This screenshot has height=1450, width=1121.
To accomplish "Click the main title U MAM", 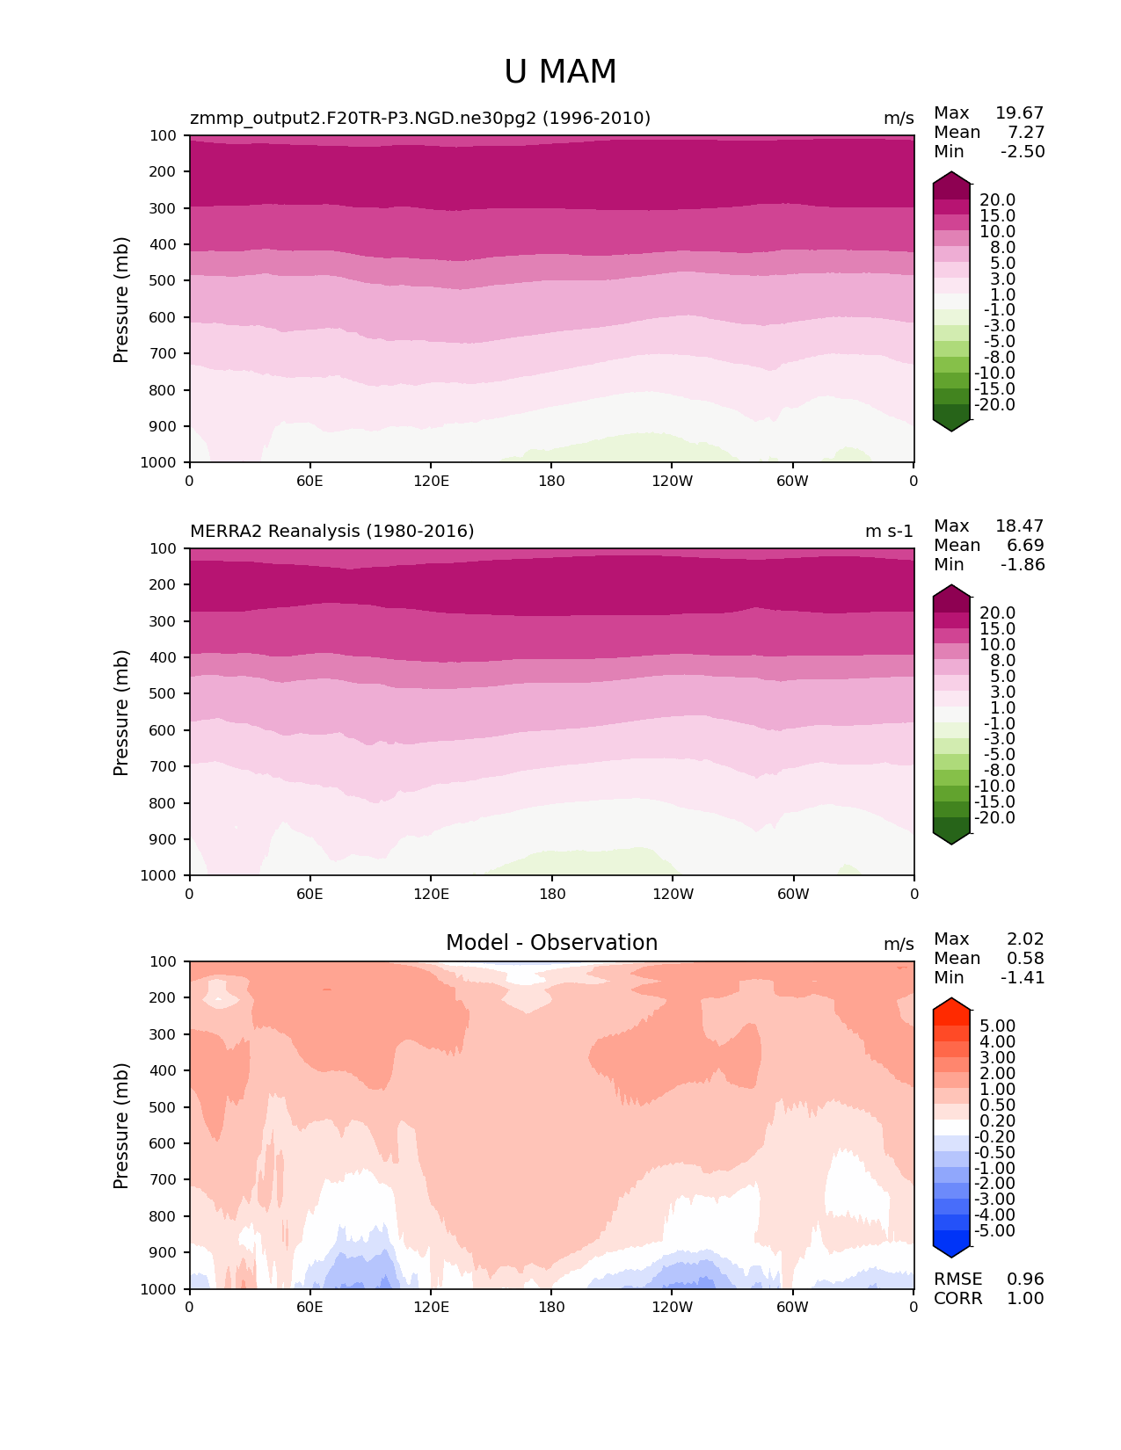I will tap(560, 72).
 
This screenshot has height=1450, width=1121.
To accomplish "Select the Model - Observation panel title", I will tap(551, 943).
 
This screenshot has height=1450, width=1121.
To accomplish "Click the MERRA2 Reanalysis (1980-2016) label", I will tap(332, 531).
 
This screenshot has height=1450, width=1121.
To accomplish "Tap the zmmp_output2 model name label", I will tap(420, 118).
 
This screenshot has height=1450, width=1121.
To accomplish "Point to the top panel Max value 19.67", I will tap(1019, 112).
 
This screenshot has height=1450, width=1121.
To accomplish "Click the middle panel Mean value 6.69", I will tap(1025, 545).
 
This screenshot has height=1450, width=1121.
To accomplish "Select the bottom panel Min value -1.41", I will tap(1023, 977).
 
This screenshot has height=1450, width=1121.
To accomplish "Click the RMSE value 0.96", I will tap(1025, 1279).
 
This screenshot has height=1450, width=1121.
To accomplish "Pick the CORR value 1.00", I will tap(1025, 1298).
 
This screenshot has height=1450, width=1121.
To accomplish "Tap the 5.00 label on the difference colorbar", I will tap(997, 1026).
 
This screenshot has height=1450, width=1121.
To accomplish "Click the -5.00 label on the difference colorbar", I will tap(994, 1230).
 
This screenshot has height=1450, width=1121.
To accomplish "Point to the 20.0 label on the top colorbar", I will tap(997, 199).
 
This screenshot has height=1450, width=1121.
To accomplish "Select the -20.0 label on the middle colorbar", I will tap(994, 817).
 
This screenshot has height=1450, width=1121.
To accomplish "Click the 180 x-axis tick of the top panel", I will tap(551, 481).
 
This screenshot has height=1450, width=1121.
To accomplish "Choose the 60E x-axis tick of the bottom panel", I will tap(309, 1307).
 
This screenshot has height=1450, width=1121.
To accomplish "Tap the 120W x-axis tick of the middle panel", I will tap(673, 894).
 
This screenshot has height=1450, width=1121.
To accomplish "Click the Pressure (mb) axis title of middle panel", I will tap(121, 712).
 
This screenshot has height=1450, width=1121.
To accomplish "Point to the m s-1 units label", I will tap(889, 531).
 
